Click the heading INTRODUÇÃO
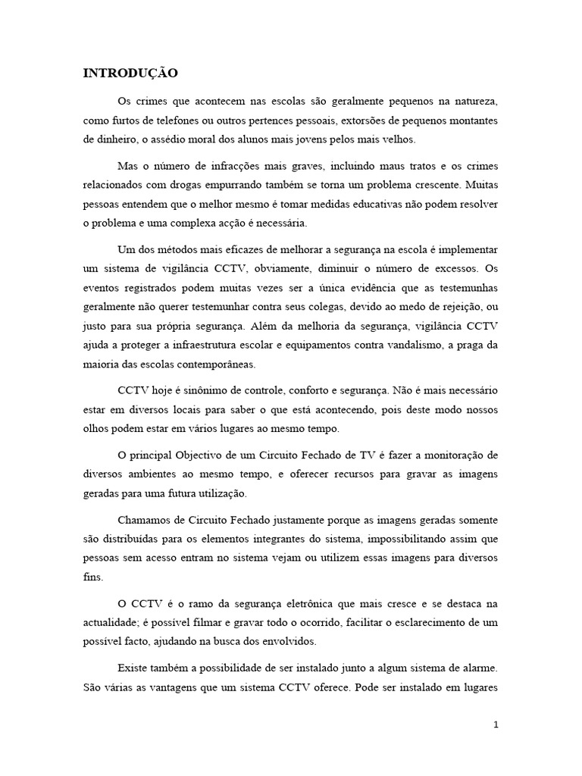coord(130,74)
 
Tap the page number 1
coord(496,724)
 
